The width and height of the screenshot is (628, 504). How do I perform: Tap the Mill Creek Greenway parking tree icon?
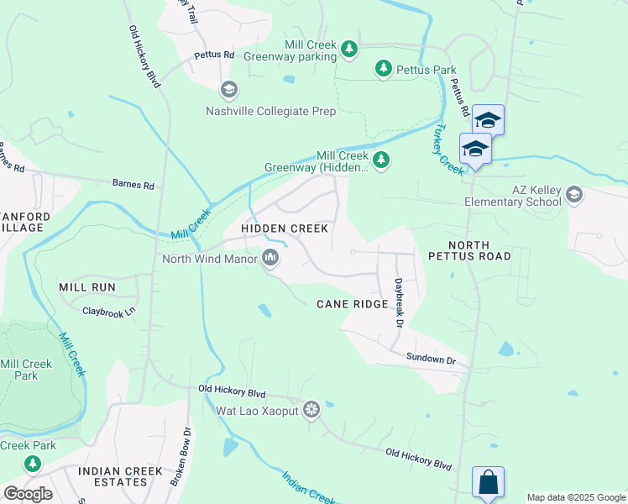[x=350, y=50]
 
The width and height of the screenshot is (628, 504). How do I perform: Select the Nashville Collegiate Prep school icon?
[x=228, y=90]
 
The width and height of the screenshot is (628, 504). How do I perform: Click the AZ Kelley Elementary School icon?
[x=574, y=195]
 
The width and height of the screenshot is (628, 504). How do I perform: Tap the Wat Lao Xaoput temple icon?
[x=311, y=410]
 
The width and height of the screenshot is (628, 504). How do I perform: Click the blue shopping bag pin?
[x=488, y=483]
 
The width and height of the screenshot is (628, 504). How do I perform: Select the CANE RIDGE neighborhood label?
[x=352, y=303]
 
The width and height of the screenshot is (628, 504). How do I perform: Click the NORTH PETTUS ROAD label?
[x=468, y=249]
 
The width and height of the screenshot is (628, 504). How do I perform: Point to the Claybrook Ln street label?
[x=108, y=312]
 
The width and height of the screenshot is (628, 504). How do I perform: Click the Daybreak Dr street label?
[x=400, y=303]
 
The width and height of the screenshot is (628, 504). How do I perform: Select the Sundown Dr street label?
[x=431, y=360]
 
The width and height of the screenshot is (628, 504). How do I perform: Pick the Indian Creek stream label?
[x=309, y=487]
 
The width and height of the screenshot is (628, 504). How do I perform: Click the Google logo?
[x=28, y=494]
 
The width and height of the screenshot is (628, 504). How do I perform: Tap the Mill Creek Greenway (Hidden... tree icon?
[x=381, y=160]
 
